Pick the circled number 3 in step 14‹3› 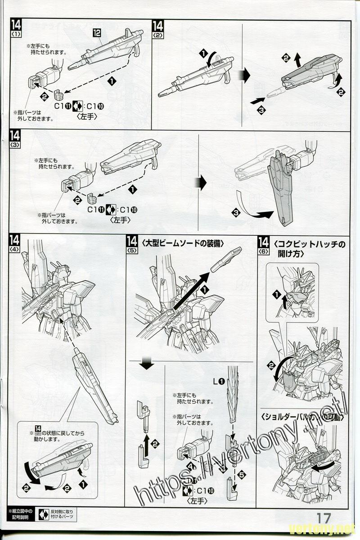click(x=236, y=211)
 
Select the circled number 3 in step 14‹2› click(x=261, y=109)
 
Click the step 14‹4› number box click(x=15, y=243)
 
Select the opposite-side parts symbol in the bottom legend click(x=44, y=514)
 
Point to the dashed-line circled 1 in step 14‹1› click(x=111, y=81)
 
